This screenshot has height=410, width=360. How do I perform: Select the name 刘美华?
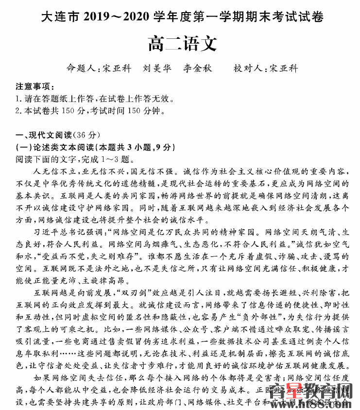(158, 68)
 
